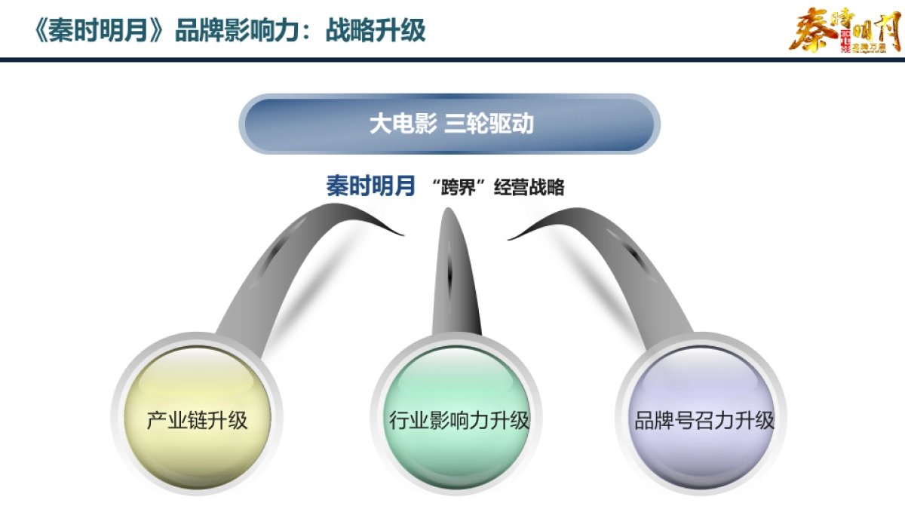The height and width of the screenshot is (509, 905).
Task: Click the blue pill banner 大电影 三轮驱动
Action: pyautogui.click(x=449, y=124)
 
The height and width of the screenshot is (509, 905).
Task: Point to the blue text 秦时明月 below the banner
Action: pyautogui.click(x=370, y=186)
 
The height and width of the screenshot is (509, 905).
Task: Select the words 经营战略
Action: pyautogui.click(x=529, y=188)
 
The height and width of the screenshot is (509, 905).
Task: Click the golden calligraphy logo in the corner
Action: pyautogui.click(x=845, y=30)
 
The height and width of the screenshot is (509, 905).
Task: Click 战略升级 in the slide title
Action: pyautogui.click(x=375, y=31)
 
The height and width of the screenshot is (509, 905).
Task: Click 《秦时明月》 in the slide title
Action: pyautogui.click(x=99, y=31)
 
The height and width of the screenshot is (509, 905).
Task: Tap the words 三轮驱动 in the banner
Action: pyautogui.click(x=489, y=124)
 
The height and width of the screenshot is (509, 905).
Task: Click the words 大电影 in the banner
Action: pyautogui.click(x=403, y=124)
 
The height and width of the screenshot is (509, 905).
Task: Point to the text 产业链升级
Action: pyautogui.click(x=197, y=420)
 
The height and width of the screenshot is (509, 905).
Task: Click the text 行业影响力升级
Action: pyautogui.click(x=459, y=420)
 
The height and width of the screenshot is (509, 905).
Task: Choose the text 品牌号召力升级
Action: pyautogui.click(x=704, y=420)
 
